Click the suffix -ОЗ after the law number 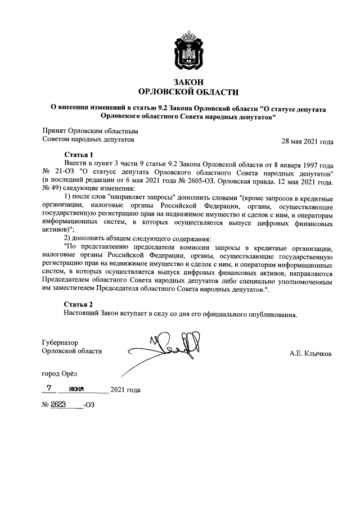[x=89, y=405]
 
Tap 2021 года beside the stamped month [x=125, y=390]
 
